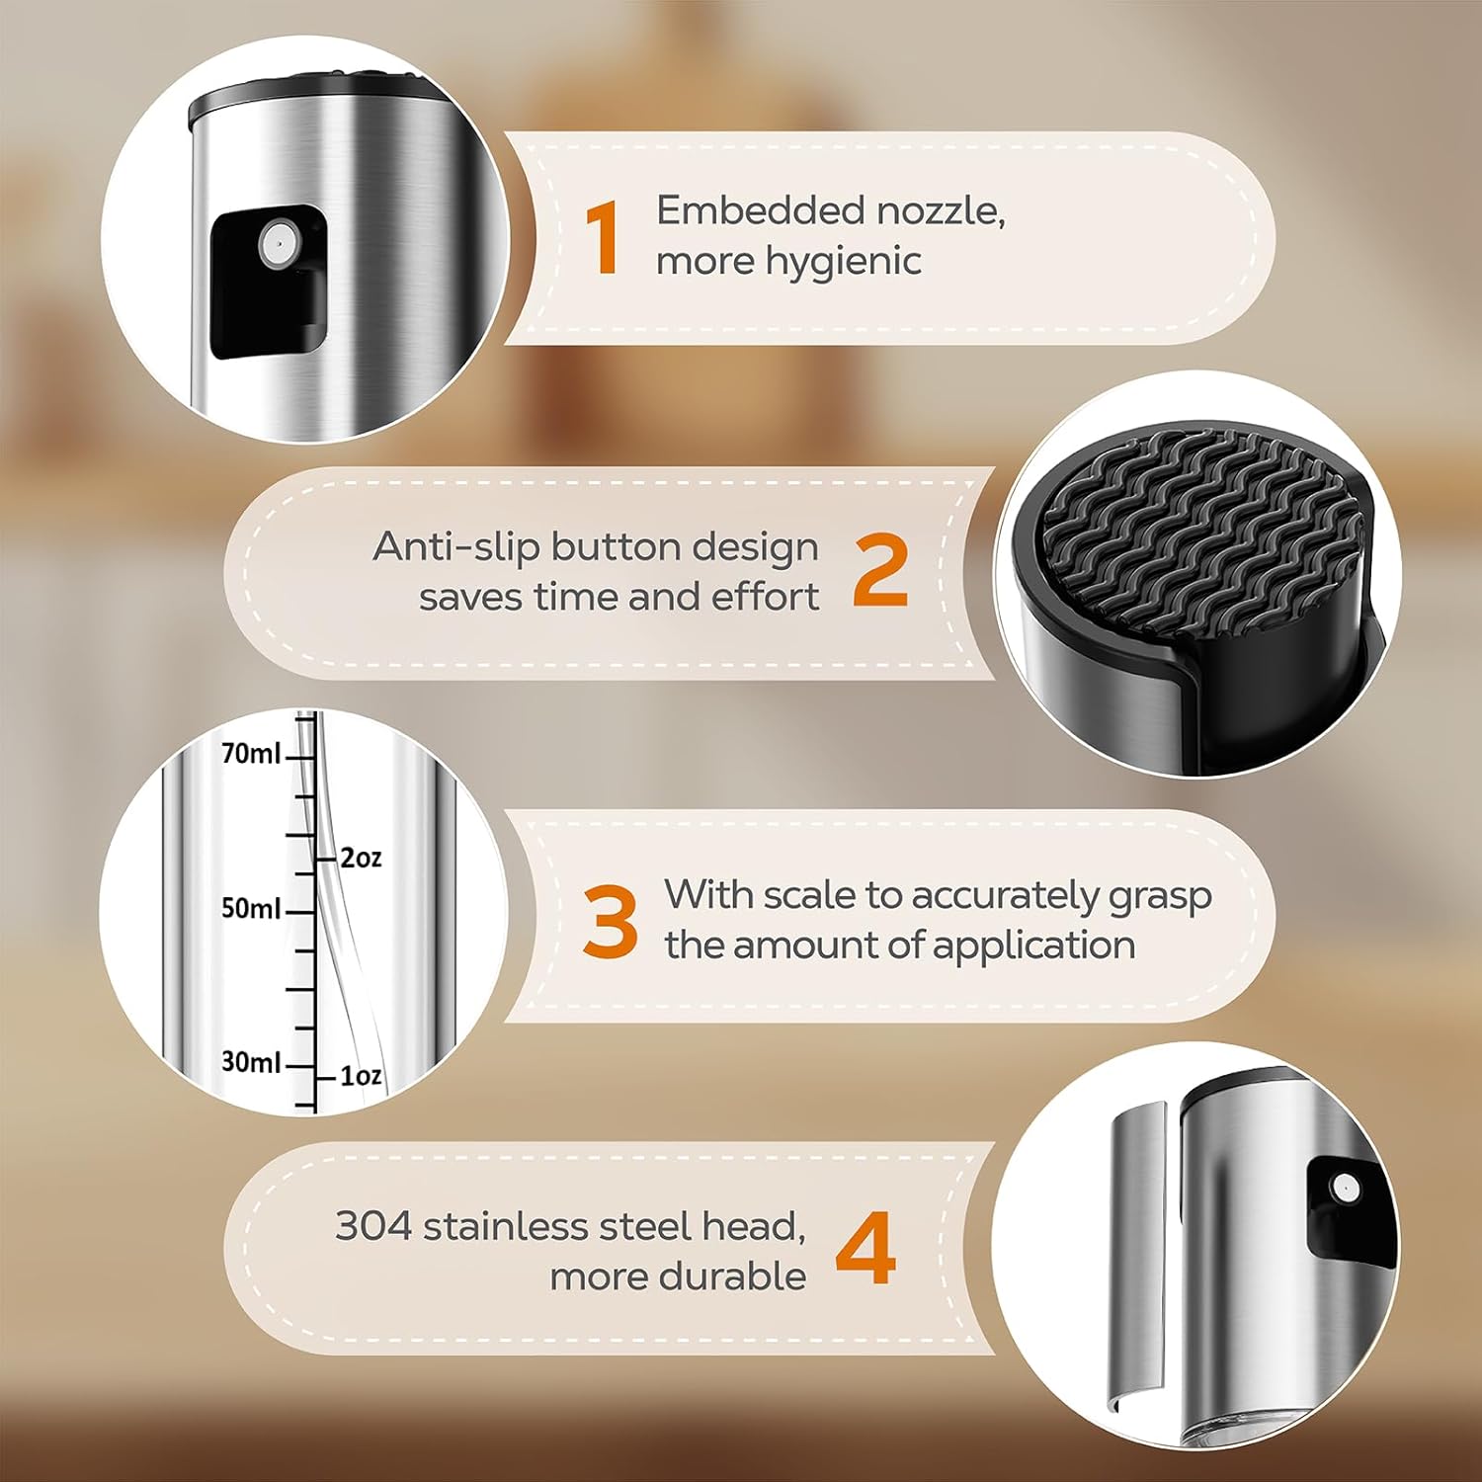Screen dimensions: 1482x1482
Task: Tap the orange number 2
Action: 880,570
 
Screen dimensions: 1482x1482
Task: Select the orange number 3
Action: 610,921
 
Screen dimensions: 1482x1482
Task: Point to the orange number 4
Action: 865,1249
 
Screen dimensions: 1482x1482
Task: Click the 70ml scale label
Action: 251,754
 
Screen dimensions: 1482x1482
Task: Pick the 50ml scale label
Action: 251,908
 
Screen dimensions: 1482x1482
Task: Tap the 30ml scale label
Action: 251,1062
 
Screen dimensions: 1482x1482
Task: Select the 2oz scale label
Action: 361,858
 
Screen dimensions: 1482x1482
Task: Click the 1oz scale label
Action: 361,1076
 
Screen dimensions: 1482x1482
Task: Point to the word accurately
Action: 1004,896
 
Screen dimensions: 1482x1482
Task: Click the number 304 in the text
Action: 372,1226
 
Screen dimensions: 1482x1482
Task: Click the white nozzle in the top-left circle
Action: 278,243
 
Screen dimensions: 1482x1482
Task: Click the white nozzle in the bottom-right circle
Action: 1343,1189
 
